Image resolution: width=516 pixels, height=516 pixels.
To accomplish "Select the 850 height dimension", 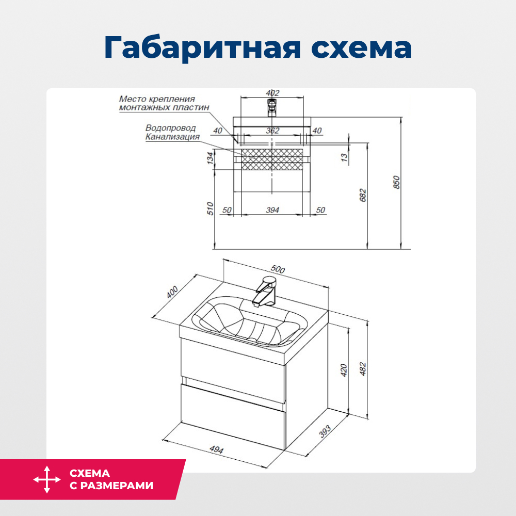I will point(396,182).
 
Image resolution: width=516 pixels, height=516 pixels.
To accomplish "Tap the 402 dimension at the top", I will point(272,93).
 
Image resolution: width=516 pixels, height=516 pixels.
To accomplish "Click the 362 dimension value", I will point(272,131).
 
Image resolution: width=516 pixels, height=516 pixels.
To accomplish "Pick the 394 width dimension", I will point(272,210).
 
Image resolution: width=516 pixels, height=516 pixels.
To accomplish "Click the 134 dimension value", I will point(210,158).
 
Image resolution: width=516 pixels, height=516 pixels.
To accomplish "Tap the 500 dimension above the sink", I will point(278,269).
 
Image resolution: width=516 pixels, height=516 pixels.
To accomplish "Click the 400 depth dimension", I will point(172,292).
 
